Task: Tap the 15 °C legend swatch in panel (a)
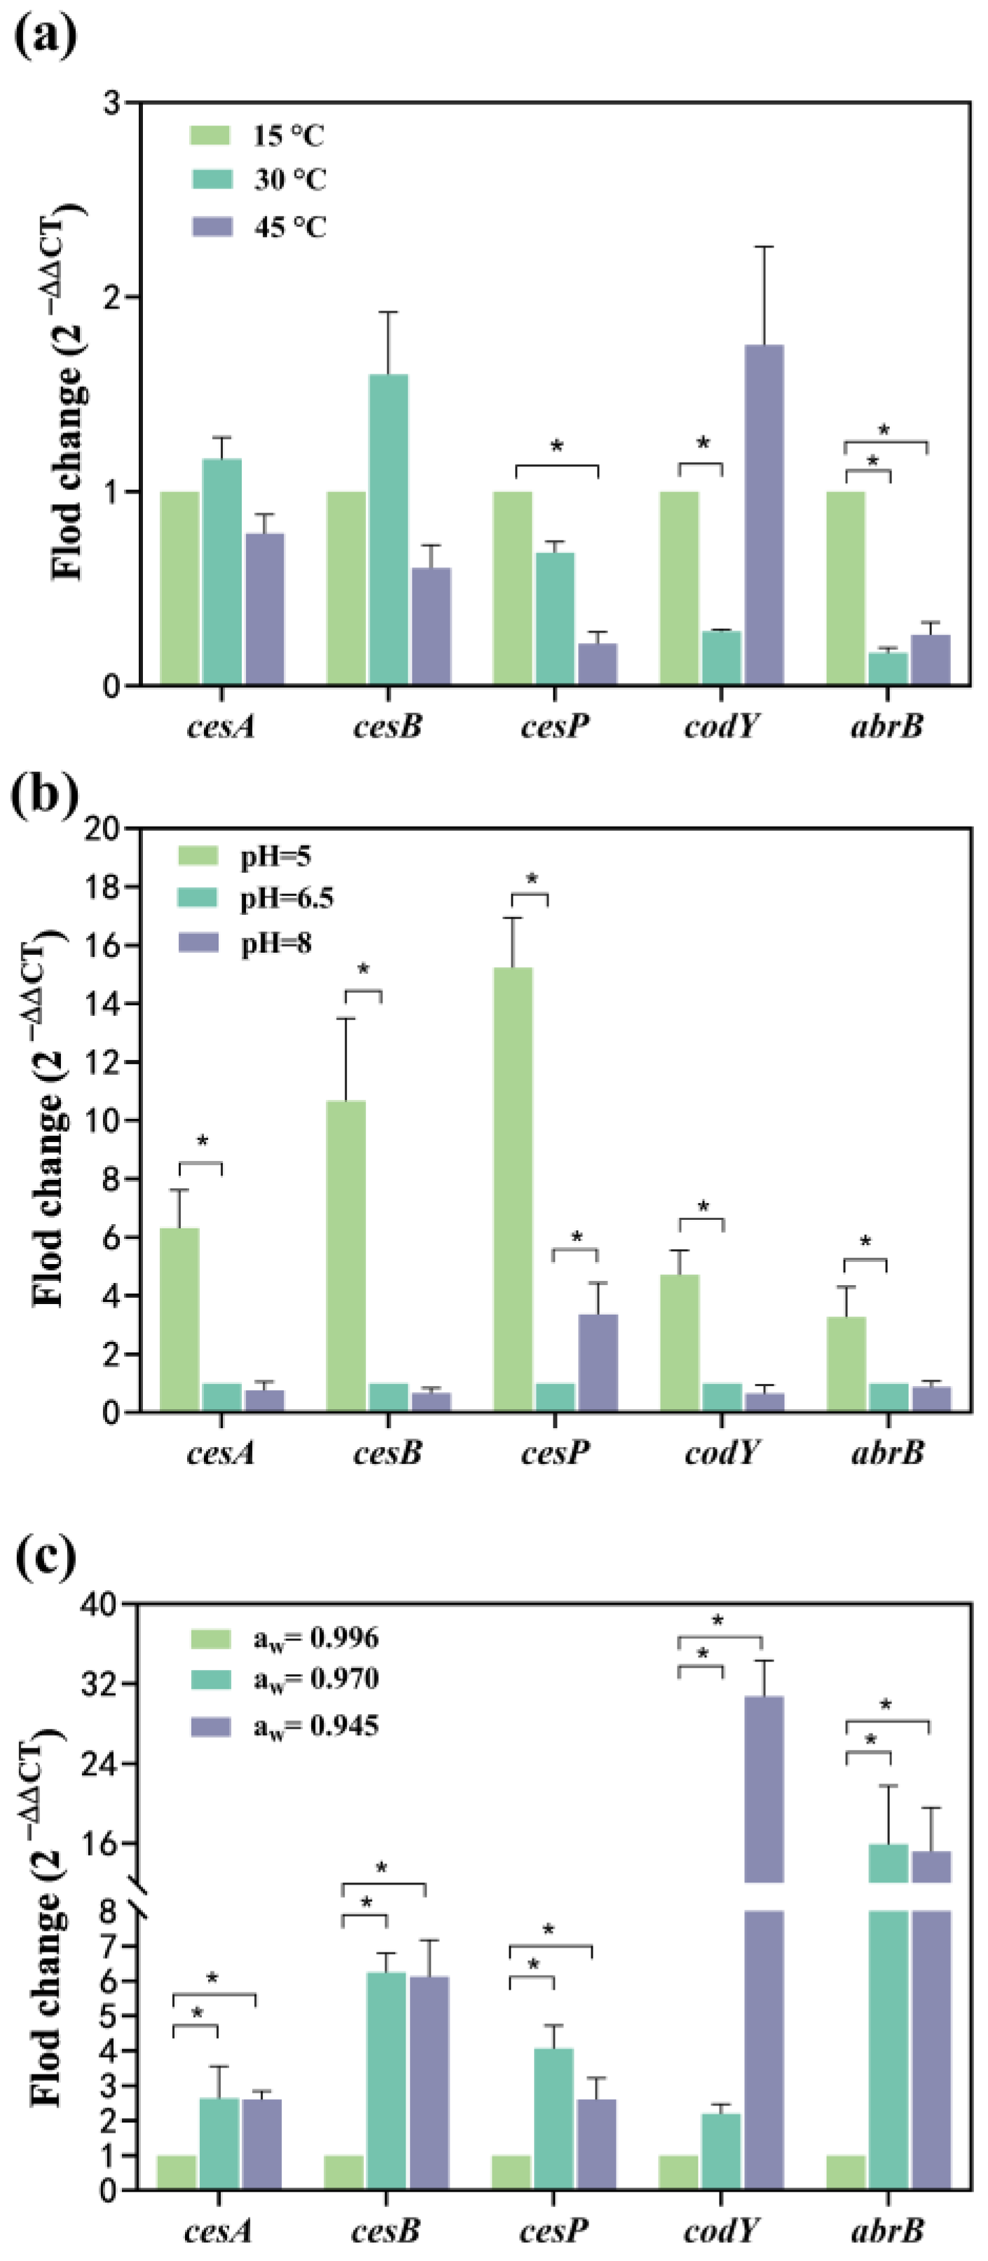point(211,135)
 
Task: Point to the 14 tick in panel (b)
point(102,1003)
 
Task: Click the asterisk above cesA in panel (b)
point(202,1142)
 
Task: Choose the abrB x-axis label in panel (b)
point(887,1453)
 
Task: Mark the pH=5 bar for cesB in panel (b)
point(345,1255)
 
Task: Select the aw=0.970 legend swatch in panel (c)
point(211,1679)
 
